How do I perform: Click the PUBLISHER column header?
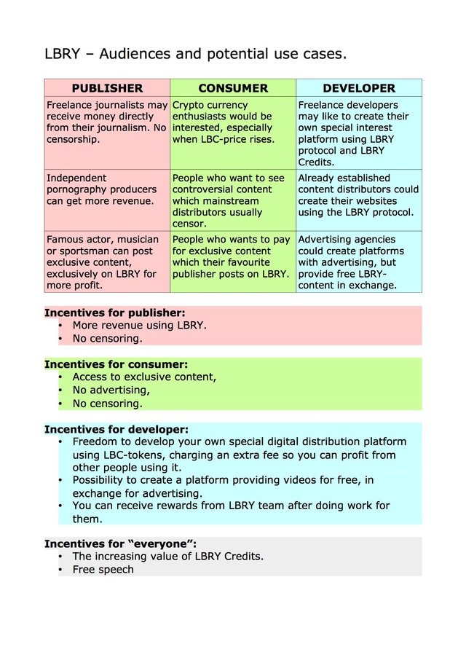[107, 88]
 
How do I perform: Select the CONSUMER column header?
[233, 88]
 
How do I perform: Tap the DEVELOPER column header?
[359, 88]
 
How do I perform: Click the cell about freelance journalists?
[107, 122]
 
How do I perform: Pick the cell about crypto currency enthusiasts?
[233, 122]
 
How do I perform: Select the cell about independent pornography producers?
[107, 189]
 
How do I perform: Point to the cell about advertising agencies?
[359, 262]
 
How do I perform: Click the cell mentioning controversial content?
[233, 200]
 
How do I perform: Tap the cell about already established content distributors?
[359, 195]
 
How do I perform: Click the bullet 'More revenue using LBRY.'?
[140, 326]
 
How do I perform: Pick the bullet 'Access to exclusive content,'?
[144, 377]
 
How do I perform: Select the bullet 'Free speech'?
[103, 570]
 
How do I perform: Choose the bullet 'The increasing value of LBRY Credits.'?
[167, 557]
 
